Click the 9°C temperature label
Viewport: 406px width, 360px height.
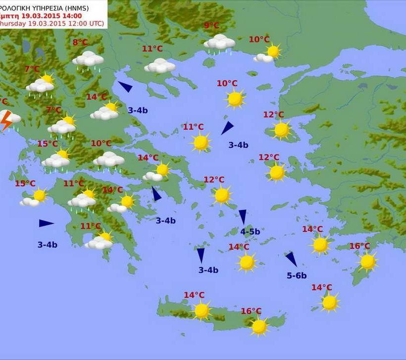coord(211,26)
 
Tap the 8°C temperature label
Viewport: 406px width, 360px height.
coord(80,43)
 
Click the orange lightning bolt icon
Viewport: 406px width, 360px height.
coord(6,120)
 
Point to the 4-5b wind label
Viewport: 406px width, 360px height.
coord(250,231)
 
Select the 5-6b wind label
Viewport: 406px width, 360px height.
coord(297,275)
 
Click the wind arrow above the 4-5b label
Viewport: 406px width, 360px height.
coord(243,216)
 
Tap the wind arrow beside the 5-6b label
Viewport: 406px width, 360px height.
coord(291,259)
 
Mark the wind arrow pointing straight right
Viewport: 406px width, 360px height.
coord(46,223)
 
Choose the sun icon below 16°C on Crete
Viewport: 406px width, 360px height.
coord(259,326)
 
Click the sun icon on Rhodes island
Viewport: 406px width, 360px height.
coord(367,261)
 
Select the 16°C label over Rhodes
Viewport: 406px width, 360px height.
coord(359,246)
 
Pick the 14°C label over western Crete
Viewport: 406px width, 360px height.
coord(194,295)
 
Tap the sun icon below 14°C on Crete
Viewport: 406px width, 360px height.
coord(202,310)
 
